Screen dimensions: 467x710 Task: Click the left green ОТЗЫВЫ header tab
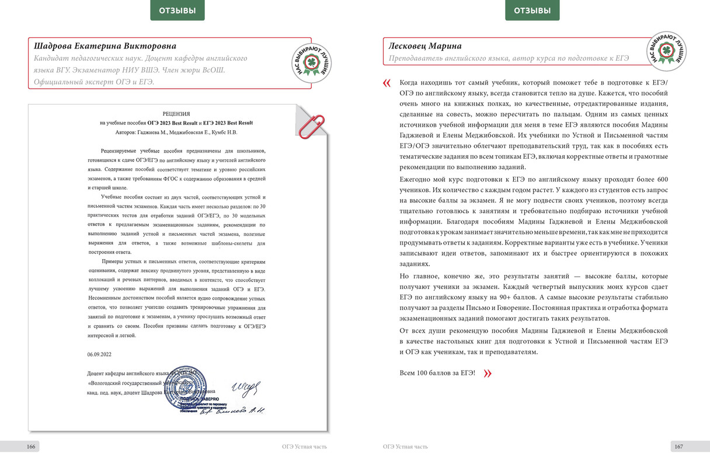(178, 10)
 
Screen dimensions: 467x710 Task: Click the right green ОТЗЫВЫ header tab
(532, 10)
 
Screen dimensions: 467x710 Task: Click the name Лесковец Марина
(425, 46)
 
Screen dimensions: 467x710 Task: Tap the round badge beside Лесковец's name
(666, 51)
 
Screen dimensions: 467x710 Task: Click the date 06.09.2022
(99, 354)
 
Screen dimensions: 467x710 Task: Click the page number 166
(32, 447)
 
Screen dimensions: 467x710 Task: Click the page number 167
(678, 447)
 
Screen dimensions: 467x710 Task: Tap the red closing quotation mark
(488, 374)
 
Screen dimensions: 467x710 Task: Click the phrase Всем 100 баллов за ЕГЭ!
(437, 373)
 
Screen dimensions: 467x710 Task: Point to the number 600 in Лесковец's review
(660, 179)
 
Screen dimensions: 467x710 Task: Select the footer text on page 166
(304, 447)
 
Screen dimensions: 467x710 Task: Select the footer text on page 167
(405, 447)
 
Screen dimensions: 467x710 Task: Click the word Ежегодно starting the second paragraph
(416, 179)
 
